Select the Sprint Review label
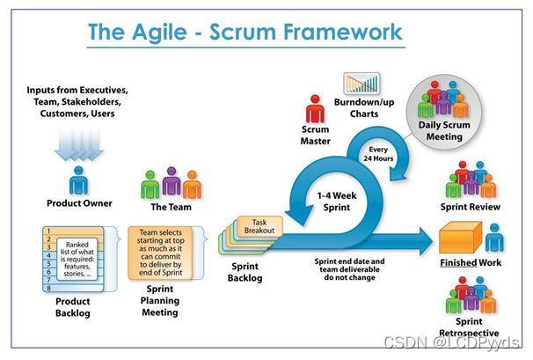[x=471, y=207]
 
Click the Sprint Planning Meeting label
[x=160, y=299]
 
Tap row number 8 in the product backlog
[x=49, y=287]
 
